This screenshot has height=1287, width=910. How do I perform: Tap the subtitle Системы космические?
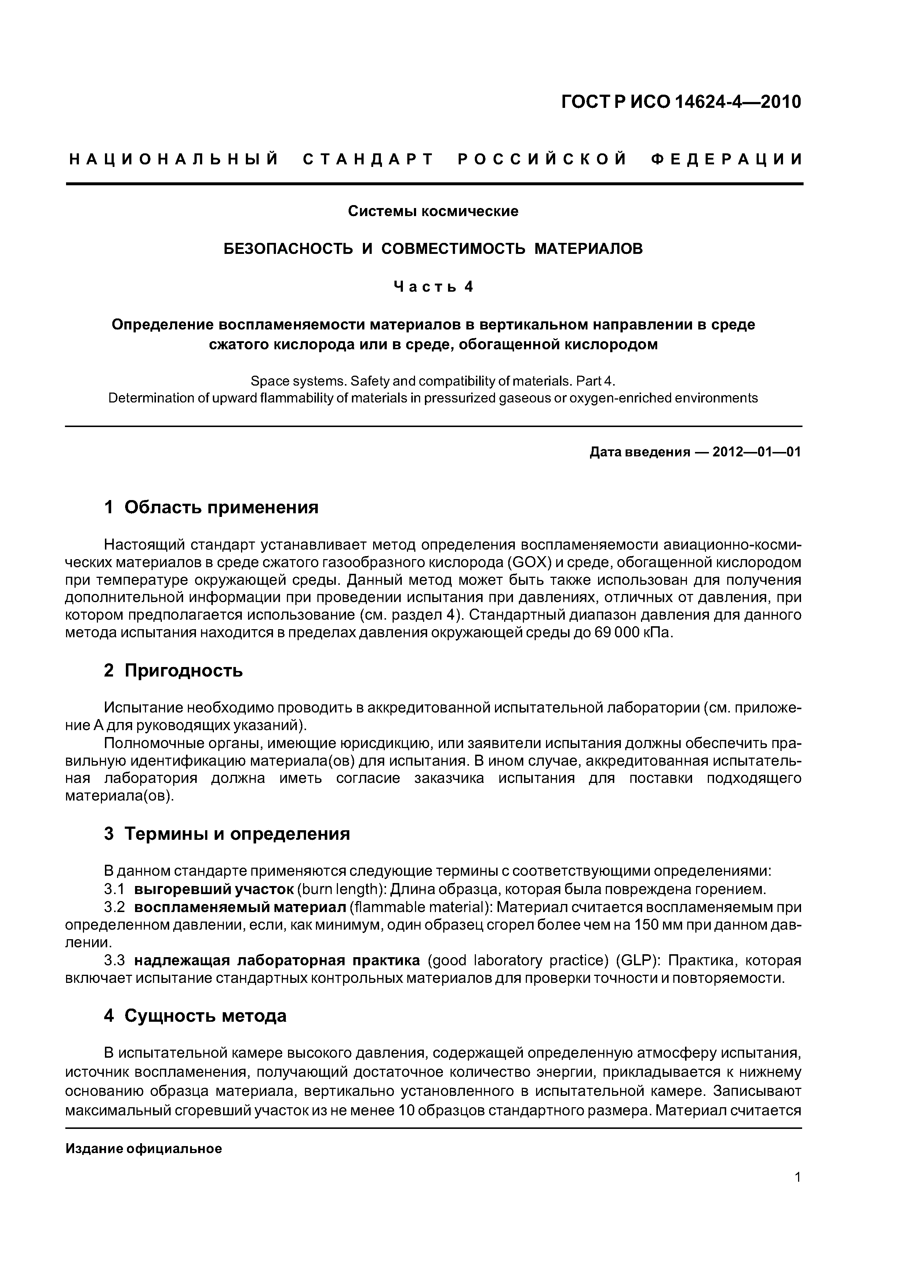pos(433,211)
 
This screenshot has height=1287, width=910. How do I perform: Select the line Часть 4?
pos(433,287)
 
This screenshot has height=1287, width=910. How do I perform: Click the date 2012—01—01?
pos(756,452)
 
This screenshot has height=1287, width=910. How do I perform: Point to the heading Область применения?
pos(221,507)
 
